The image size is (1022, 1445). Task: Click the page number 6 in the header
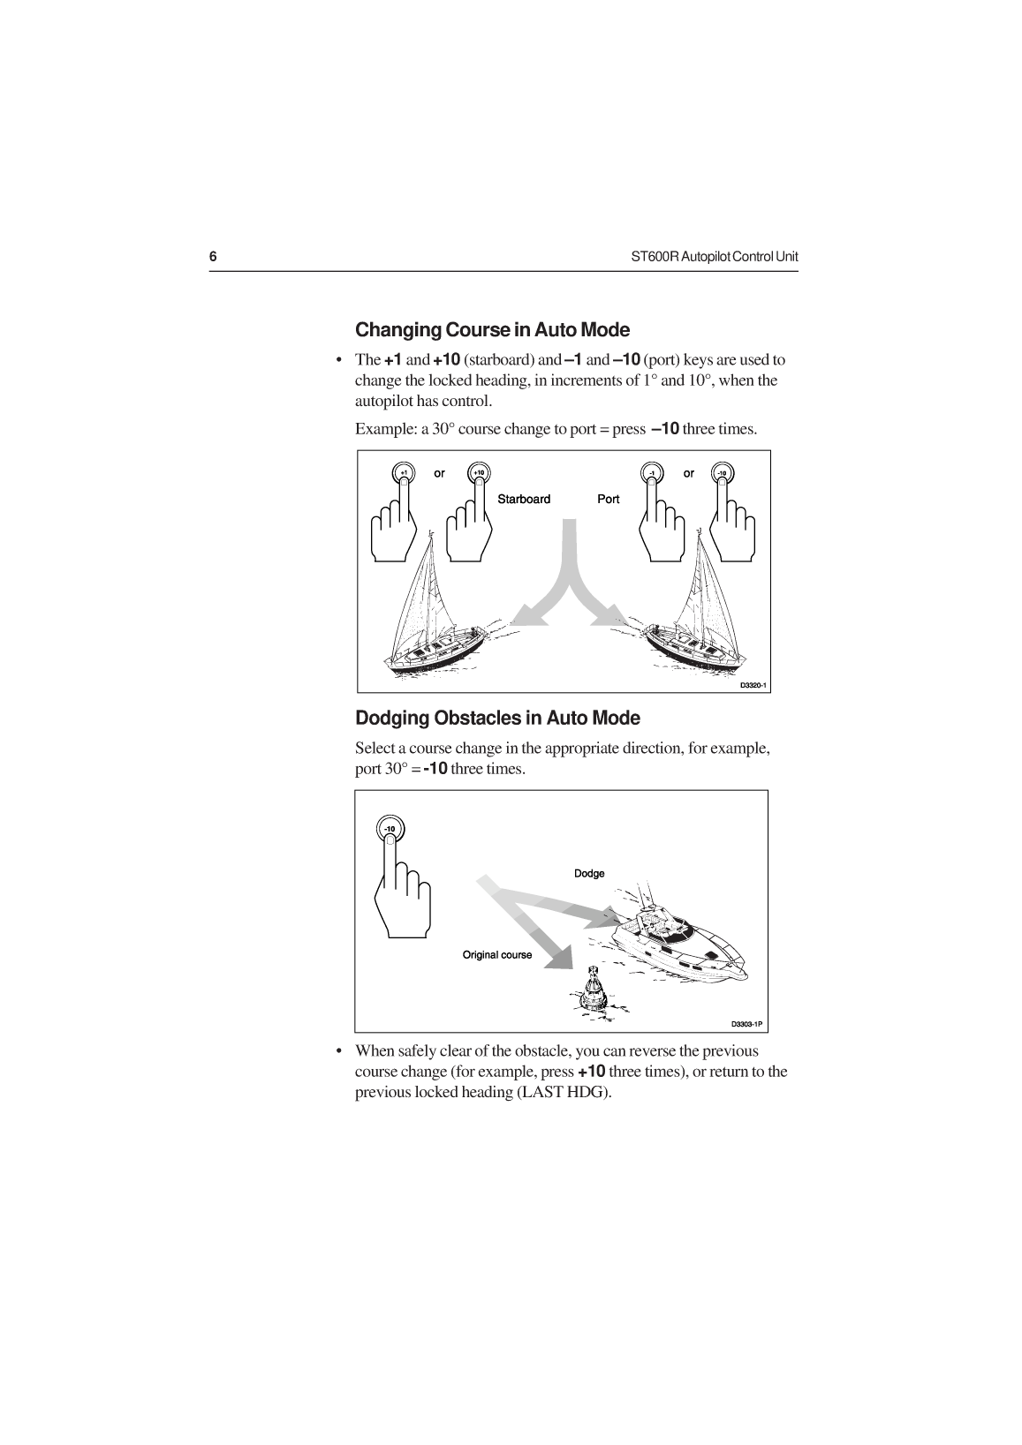213,257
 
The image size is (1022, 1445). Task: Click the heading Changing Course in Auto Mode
492,330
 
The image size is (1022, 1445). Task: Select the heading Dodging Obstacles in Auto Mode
497,718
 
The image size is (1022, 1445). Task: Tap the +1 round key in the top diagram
402,473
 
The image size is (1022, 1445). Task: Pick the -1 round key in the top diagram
651,473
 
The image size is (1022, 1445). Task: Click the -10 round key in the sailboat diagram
723,473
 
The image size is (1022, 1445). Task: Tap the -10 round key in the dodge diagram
390,828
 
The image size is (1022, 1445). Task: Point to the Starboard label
524,499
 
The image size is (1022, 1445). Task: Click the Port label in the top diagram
609,499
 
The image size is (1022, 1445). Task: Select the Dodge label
589,873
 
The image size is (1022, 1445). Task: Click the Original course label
497,954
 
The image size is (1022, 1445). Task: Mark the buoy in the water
594,988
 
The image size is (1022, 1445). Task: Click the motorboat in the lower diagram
680,944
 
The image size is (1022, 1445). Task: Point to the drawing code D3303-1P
746,1025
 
